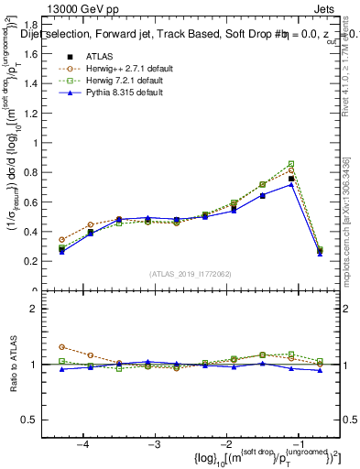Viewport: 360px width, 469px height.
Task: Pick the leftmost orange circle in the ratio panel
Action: pos(61,347)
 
